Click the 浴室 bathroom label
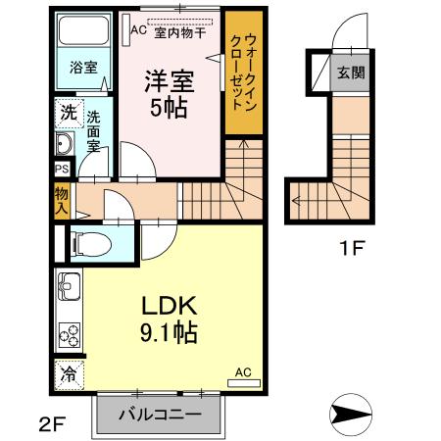[x=83, y=68]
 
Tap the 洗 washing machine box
[x=66, y=112]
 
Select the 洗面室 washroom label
[x=94, y=129]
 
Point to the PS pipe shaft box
[x=62, y=168]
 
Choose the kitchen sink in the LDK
[x=69, y=288]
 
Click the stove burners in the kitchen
[x=70, y=336]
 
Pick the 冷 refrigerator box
[x=69, y=373]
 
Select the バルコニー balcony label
[x=161, y=415]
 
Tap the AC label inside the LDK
[x=243, y=372]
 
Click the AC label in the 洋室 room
[x=138, y=29]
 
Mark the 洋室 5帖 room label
[x=170, y=93]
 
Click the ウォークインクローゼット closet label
[x=244, y=73]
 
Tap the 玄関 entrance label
[x=351, y=72]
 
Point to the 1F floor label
[x=352, y=249]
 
